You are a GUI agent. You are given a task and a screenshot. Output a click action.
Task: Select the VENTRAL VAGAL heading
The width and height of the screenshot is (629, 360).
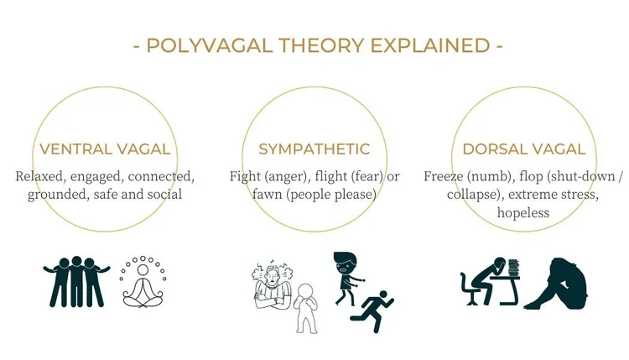click(105, 149)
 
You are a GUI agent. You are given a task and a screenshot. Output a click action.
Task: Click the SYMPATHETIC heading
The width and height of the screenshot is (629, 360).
click(314, 149)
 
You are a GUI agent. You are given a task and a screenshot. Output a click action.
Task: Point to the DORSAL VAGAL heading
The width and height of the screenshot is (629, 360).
click(524, 149)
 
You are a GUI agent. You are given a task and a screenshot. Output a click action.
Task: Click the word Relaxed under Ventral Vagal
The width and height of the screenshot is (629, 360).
click(43, 177)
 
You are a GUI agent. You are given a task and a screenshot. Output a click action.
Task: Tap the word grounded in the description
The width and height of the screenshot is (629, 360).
click(60, 195)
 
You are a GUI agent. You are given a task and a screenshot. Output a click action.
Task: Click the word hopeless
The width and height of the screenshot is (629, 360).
click(523, 213)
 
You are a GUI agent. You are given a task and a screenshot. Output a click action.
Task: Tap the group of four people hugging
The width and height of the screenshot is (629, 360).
click(75, 281)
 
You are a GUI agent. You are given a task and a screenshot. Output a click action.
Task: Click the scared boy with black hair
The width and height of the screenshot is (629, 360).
click(346, 274)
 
